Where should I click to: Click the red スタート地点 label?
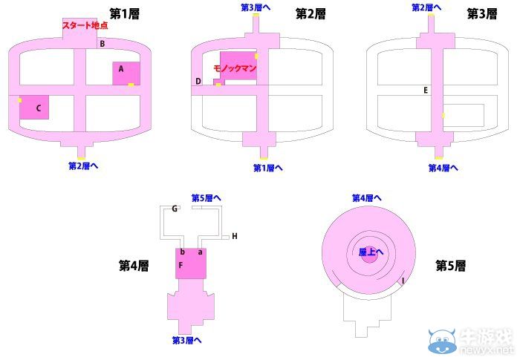click(x=84, y=25)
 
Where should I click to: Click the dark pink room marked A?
click(x=126, y=73)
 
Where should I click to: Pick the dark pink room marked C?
click(x=34, y=108)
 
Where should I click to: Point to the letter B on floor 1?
click(x=101, y=44)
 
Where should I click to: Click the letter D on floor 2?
click(x=198, y=81)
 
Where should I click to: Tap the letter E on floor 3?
click(x=426, y=91)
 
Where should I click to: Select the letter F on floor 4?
click(x=180, y=265)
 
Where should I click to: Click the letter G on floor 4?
click(x=174, y=209)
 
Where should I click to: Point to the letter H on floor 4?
click(x=234, y=236)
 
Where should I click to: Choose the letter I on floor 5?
click(x=403, y=280)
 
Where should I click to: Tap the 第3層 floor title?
click(x=481, y=13)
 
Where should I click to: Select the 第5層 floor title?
click(x=450, y=265)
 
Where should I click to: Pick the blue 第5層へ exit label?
click(x=206, y=197)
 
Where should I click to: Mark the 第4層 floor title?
click(x=134, y=265)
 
